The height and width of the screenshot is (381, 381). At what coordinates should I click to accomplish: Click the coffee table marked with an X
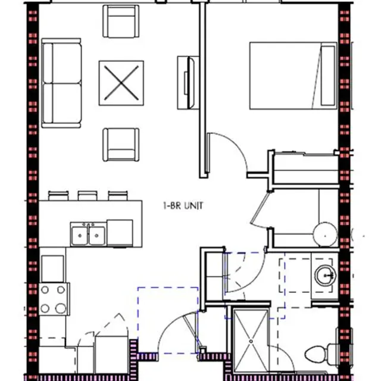(121, 82)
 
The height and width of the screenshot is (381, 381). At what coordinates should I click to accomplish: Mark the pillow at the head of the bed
(327, 75)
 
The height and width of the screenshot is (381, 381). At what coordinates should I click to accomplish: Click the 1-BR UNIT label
(183, 206)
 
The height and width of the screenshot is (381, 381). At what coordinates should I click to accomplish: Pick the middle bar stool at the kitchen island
(88, 195)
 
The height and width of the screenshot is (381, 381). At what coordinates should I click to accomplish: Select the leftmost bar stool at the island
(58, 195)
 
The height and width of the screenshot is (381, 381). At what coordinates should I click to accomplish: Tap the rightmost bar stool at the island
(117, 195)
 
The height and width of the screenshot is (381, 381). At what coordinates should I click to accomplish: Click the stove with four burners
(54, 299)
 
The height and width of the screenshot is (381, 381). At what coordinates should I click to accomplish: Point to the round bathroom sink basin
(325, 276)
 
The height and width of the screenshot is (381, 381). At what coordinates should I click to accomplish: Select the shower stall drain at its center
(251, 341)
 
